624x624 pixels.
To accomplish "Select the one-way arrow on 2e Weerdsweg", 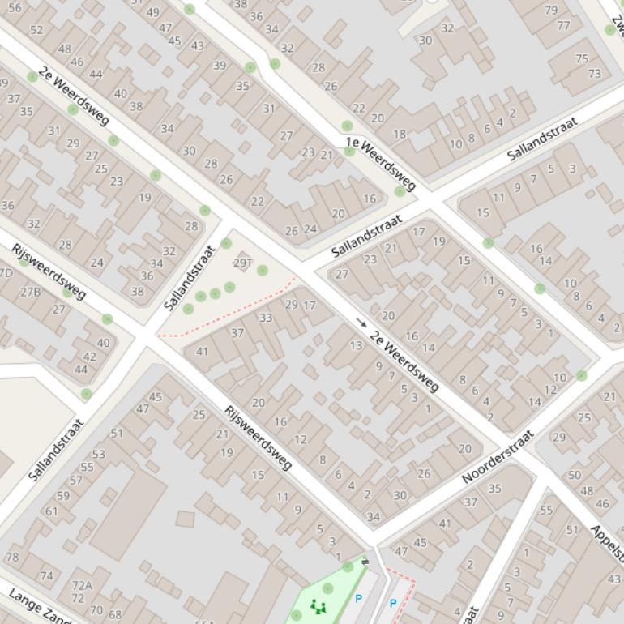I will [x=361, y=323].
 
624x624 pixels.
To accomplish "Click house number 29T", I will [x=243, y=263].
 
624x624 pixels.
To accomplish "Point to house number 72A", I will [x=82, y=585].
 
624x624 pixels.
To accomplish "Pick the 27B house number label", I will [x=31, y=292].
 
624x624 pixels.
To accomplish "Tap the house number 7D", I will [x=6, y=273].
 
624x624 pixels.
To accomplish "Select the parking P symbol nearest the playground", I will [x=358, y=599].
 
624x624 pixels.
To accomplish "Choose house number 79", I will [x=551, y=11].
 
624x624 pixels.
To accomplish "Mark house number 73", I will [x=595, y=74].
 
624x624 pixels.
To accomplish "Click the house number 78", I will [x=12, y=558].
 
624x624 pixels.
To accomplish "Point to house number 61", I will [x=52, y=511].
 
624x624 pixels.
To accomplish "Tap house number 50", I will [x=575, y=475].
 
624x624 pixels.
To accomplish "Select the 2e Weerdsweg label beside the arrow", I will [x=404, y=361].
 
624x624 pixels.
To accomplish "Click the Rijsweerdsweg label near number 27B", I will [x=48, y=270].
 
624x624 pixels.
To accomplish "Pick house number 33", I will [x=266, y=318].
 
